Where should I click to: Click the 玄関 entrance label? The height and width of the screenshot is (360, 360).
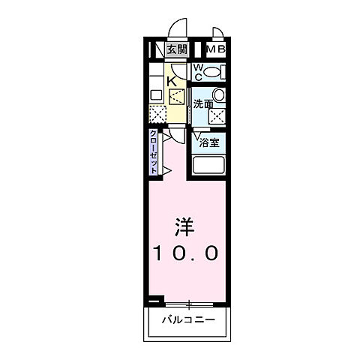point(177,51)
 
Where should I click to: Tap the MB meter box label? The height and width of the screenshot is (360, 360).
point(216,51)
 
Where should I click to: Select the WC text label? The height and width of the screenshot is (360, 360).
point(198,72)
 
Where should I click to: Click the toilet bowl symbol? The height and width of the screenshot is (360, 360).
point(214,73)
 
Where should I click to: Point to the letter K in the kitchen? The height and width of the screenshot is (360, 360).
point(171,80)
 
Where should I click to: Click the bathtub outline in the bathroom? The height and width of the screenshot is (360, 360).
point(210,165)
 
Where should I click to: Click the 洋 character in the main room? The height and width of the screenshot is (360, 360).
point(186,224)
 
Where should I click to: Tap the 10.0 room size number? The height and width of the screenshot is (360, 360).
point(187,253)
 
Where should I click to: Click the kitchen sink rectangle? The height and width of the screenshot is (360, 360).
point(155,94)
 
